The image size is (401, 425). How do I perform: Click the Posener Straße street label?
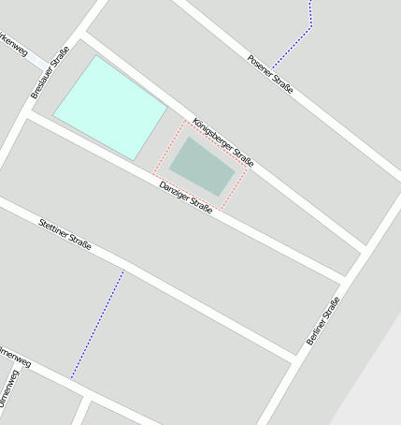[270, 75]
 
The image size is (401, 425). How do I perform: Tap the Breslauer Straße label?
[50, 73]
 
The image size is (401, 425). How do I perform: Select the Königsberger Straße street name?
[222, 142]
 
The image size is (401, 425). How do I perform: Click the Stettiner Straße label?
[65, 234]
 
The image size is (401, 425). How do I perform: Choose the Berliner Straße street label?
[322, 321]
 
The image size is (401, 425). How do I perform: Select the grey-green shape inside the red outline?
[202, 166]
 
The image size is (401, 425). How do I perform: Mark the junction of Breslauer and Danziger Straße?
[30, 112]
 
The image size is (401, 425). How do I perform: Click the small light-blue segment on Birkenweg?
[37, 59]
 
